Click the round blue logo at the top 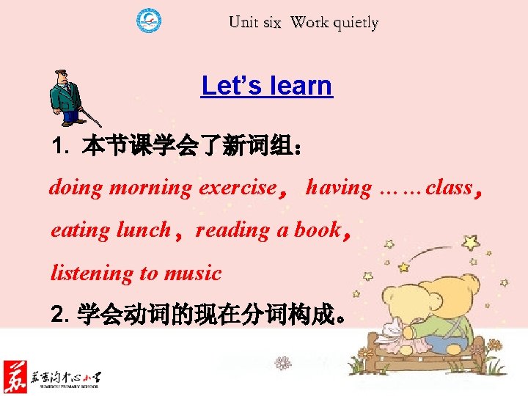pos(150,20)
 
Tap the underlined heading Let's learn pos(266,86)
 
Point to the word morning pos(150,188)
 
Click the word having pos(339,188)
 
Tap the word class pos(449,188)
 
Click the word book pos(318,230)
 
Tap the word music pos(193,274)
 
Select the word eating pos(81,230)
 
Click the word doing pos(76,188)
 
